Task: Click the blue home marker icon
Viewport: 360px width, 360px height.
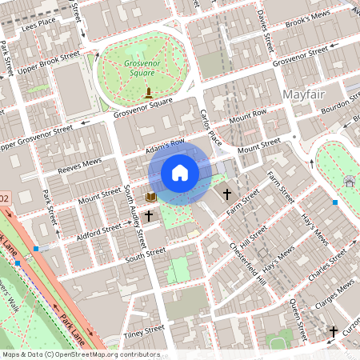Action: tap(180, 173)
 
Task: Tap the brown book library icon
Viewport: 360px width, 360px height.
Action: tap(150, 196)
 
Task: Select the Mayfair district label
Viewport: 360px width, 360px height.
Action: tap(306, 96)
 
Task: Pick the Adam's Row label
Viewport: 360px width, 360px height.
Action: tap(164, 145)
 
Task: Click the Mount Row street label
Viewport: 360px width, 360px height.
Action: tap(247, 117)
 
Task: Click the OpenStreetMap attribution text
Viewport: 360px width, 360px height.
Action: tap(80, 354)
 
